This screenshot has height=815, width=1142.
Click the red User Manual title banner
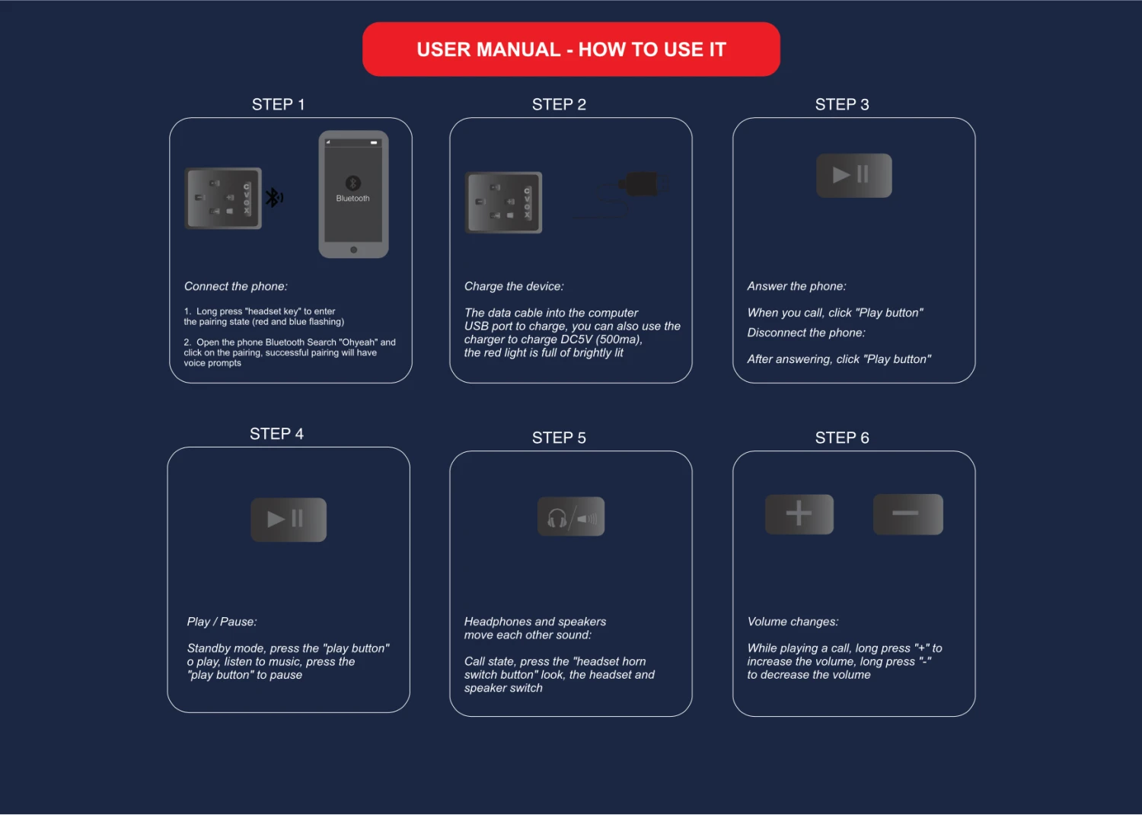[571, 49]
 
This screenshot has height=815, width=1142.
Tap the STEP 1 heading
[279, 104]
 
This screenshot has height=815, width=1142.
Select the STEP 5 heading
[559, 438]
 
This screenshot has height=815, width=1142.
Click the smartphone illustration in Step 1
[353, 194]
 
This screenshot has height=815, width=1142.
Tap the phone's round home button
[353, 250]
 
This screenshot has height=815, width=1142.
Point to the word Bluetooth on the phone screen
[352, 199]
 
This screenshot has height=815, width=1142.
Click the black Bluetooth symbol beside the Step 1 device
[274, 198]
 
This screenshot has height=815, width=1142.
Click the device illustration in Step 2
[503, 202]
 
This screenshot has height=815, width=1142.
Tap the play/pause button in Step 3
[854, 175]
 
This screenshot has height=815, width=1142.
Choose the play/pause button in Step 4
[289, 520]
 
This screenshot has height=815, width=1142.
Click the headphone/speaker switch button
[571, 517]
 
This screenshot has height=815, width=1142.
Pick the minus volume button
[908, 514]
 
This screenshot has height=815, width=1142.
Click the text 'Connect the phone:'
[235, 286]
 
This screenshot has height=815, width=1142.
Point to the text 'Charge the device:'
[514, 286]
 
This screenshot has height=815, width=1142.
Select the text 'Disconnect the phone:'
[806, 333]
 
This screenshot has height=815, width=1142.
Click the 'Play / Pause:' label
[222, 622]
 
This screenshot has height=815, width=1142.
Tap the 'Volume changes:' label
[793, 622]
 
